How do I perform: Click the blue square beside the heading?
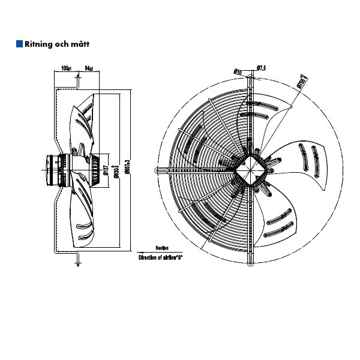click(19, 44)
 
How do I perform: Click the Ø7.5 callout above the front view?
click(261, 68)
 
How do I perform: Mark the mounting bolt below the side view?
click(77, 259)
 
